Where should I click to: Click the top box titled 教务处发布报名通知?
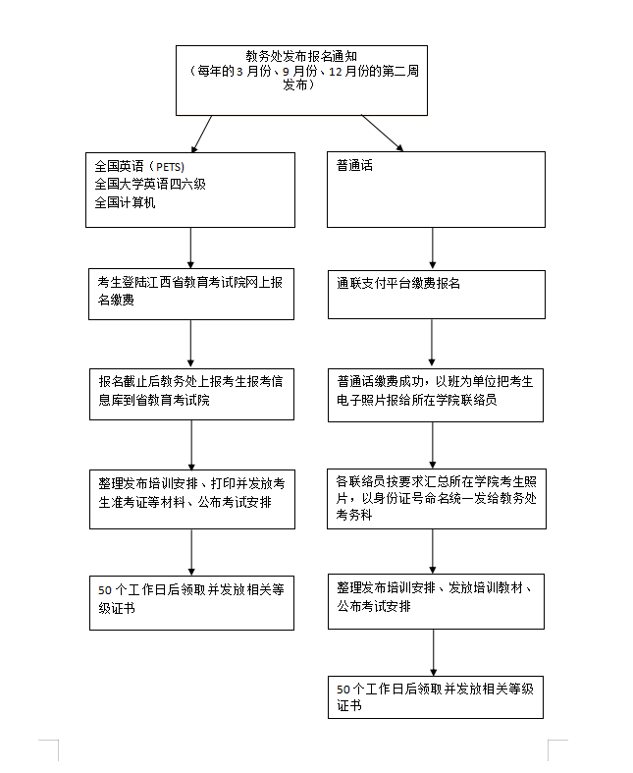coord(301,81)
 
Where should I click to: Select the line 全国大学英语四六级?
coord(150,185)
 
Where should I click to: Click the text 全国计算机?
coord(125,202)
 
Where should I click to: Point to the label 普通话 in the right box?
coord(354,166)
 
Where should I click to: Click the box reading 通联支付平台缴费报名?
coord(437,295)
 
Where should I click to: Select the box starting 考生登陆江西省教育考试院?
coord(191,294)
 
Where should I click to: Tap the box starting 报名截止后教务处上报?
coord(191,394)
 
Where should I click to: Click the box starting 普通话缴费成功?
coord(436,395)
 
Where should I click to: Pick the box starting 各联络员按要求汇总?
coord(437,499)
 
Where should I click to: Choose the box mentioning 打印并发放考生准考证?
coord(192,499)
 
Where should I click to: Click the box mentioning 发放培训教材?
coord(436,601)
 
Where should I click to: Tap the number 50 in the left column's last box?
coord(105,590)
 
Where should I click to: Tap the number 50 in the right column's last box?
coord(343,690)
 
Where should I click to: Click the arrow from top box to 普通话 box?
coord(383,134)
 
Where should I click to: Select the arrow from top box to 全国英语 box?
coord(202,135)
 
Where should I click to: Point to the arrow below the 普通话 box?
coord(433,248)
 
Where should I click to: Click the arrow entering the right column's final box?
coord(434,653)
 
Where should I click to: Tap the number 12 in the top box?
coord(336,72)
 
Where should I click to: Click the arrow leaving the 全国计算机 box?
coord(190,248)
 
